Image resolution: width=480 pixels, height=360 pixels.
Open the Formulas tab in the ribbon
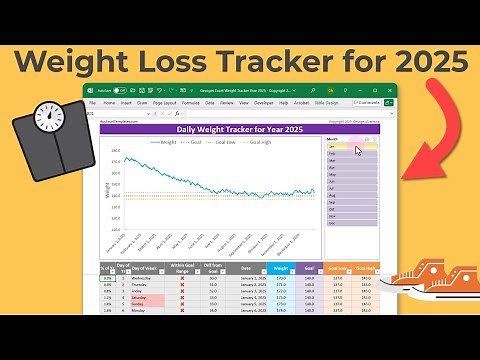(190, 102)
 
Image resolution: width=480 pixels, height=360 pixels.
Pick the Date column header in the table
(246, 268)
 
